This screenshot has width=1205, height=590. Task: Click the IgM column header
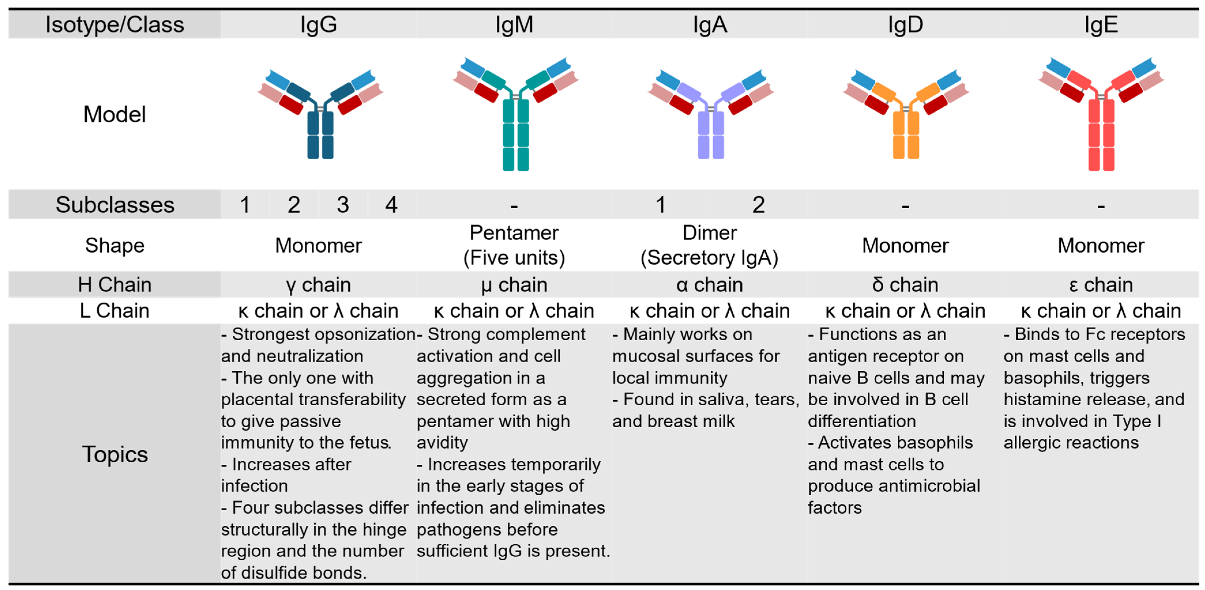[514, 24]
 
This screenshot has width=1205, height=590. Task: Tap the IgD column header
[905, 24]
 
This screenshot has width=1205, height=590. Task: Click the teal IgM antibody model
[515, 117]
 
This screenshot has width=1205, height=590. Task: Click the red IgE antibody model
[1101, 117]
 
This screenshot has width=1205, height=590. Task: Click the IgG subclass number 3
[343, 205]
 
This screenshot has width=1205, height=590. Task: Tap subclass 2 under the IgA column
[758, 205]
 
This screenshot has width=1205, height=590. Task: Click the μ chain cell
[514, 285]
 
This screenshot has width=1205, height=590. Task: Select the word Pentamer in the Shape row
[514, 233]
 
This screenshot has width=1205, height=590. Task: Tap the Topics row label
[115, 454]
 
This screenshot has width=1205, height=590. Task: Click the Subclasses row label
[115, 205]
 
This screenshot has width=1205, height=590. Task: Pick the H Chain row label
[115, 285]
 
